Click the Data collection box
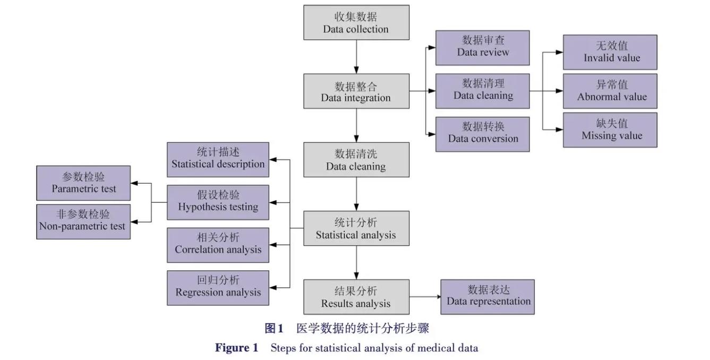tap(356, 22)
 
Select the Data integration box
tap(356, 91)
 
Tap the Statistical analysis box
tap(356, 228)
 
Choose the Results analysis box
tap(356, 297)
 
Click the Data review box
tap(482, 48)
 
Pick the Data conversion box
tap(482, 134)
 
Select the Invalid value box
tap(610, 52)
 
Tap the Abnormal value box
tap(610, 91)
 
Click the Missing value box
tap(610, 130)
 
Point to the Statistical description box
tap(218, 159)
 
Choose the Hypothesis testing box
tap(218, 202)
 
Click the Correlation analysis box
tap(218, 245)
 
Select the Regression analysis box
tap(218, 288)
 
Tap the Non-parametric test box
tap(83, 221)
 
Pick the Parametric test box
tap(83, 183)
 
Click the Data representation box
tap(487, 297)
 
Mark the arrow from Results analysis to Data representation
tap(425, 297)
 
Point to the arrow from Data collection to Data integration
tap(356, 56)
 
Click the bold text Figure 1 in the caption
tap(236, 348)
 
